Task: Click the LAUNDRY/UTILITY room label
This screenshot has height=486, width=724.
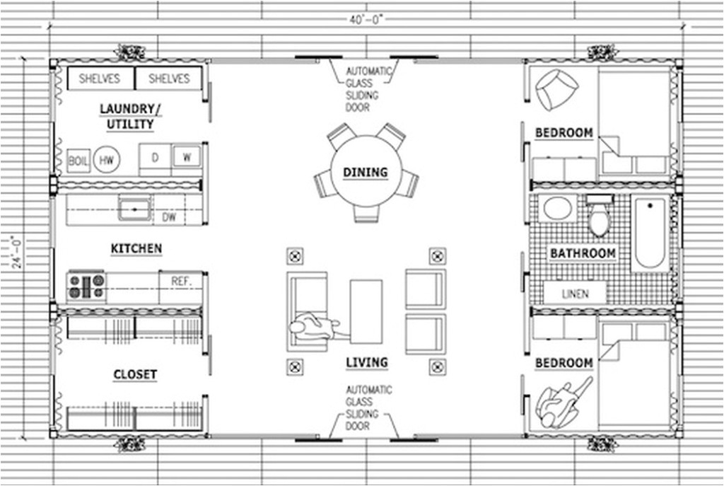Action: point(127,117)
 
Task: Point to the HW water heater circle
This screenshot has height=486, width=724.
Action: point(106,161)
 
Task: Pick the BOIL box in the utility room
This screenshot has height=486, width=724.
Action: point(78,161)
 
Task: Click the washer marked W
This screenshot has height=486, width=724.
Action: point(187,157)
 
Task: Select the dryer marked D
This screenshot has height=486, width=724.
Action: point(154,157)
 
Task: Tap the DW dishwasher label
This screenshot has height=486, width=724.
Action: point(170,218)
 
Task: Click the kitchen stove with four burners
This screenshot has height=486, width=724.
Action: point(86,286)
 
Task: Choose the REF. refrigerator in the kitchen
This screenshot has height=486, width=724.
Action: point(182,281)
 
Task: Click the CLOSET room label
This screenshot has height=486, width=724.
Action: point(135,375)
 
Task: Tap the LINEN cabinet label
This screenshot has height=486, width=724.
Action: point(575,294)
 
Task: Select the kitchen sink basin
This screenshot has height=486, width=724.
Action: point(134,210)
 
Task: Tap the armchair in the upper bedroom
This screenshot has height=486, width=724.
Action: point(556,88)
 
